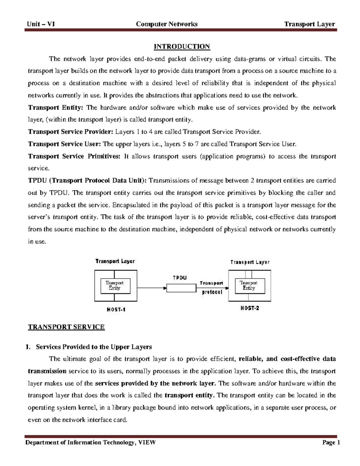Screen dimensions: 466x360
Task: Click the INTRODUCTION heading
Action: [182, 47]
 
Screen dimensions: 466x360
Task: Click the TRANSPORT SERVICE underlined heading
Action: [66, 327]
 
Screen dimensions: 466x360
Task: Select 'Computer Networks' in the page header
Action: [166, 24]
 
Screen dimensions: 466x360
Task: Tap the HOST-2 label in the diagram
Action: [250, 308]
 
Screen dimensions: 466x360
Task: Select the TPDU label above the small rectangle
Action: [180, 278]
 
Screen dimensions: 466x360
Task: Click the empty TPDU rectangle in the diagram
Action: [181, 288]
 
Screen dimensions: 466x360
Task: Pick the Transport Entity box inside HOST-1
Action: [115, 285]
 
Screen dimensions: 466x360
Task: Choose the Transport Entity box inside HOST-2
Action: [249, 285]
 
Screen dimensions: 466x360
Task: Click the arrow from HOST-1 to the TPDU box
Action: [151, 288]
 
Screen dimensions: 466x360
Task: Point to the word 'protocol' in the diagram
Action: [212, 292]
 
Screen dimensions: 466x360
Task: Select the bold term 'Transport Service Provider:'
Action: [71, 132]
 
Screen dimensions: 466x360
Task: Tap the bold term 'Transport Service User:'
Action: [64, 144]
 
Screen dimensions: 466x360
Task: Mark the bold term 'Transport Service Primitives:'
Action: [74, 156]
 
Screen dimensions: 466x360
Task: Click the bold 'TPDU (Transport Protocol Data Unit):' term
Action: [88, 181]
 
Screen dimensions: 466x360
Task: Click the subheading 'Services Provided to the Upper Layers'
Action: [94, 347]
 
